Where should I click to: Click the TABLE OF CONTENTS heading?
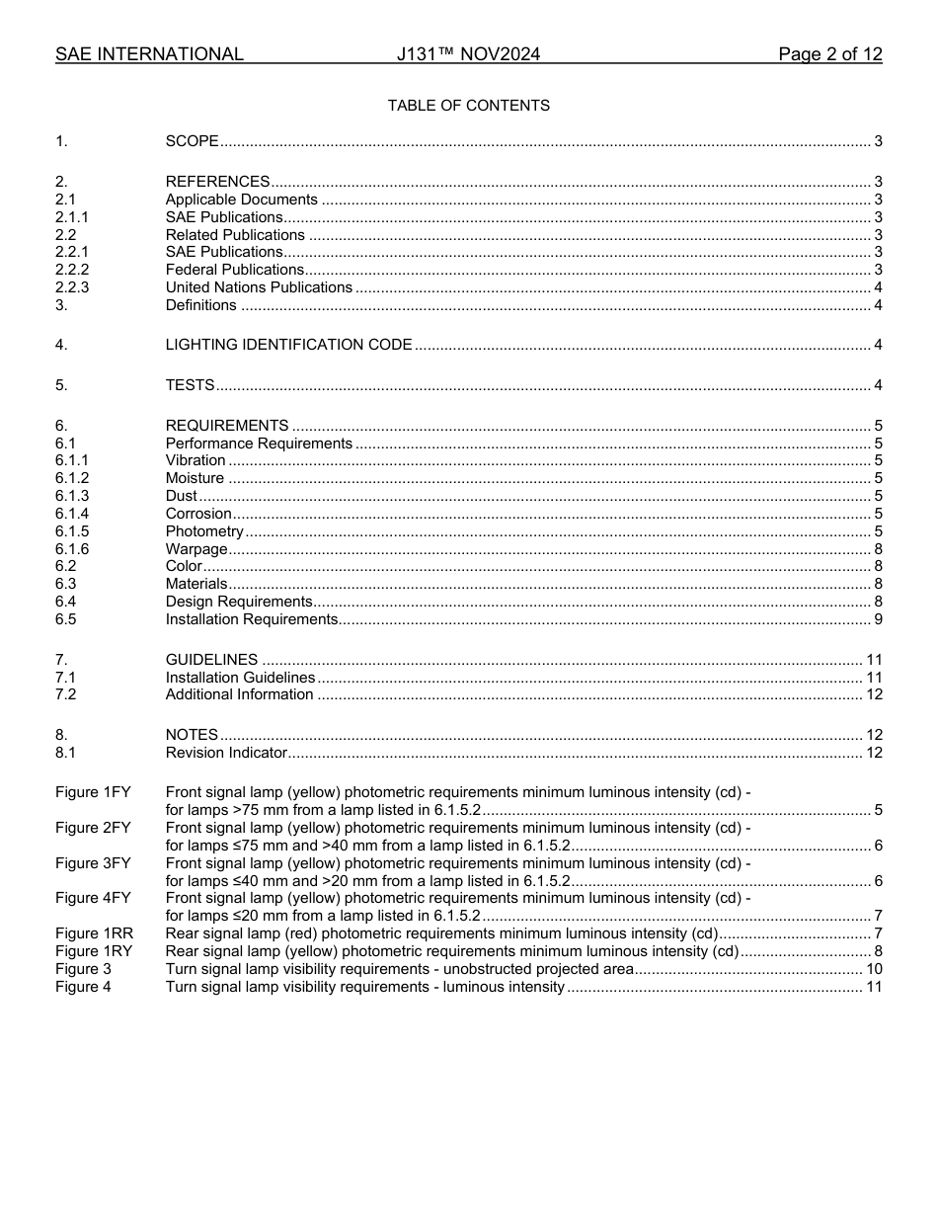(x=468, y=106)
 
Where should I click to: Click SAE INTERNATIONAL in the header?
(x=149, y=54)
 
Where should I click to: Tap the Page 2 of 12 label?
(x=829, y=54)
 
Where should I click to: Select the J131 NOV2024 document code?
(x=468, y=54)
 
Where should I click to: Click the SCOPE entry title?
(x=192, y=141)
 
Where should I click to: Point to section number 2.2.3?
(x=72, y=287)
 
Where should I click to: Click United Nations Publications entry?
(x=259, y=287)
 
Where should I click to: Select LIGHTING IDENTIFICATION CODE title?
(x=288, y=345)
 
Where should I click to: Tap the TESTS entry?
(x=190, y=385)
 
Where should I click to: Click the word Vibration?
(x=195, y=460)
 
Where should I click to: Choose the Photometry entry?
(x=204, y=531)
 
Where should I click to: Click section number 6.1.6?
(x=72, y=549)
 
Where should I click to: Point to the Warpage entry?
(x=196, y=549)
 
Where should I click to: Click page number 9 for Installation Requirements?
(x=878, y=619)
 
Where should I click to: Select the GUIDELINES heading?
(x=211, y=660)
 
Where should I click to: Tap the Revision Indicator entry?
(x=226, y=753)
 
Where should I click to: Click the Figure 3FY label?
(x=93, y=863)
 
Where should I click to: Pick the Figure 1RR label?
(x=94, y=933)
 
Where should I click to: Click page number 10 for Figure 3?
(x=874, y=969)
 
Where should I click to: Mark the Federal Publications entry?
(x=235, y=270)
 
